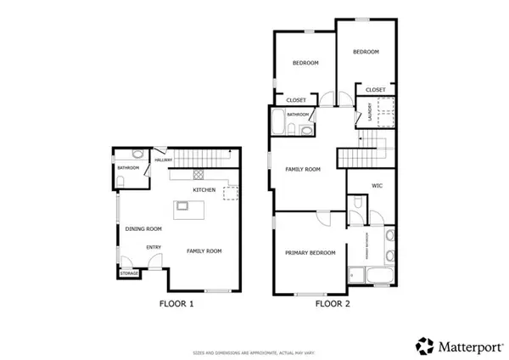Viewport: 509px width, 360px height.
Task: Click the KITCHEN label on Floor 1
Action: click(x=204, y=189)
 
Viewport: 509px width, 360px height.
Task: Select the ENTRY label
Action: click(x=154, y=247)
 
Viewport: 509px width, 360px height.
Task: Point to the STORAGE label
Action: click(x=129, y=273)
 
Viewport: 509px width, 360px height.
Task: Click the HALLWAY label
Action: click(x=163, y=160)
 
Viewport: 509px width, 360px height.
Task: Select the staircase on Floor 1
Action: click(x=204, y=157)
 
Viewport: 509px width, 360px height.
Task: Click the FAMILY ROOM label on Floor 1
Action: click(x=204, y=251)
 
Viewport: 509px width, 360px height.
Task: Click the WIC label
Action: click(x=379, y=186)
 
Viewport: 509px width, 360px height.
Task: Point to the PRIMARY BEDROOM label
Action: click(x=310, y=252)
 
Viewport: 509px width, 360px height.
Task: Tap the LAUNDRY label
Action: click(x=359, y=111)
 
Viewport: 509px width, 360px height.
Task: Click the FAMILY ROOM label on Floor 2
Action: click(x=303, y=170)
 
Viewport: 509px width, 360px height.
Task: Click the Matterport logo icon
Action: click(x=423, y=345)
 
